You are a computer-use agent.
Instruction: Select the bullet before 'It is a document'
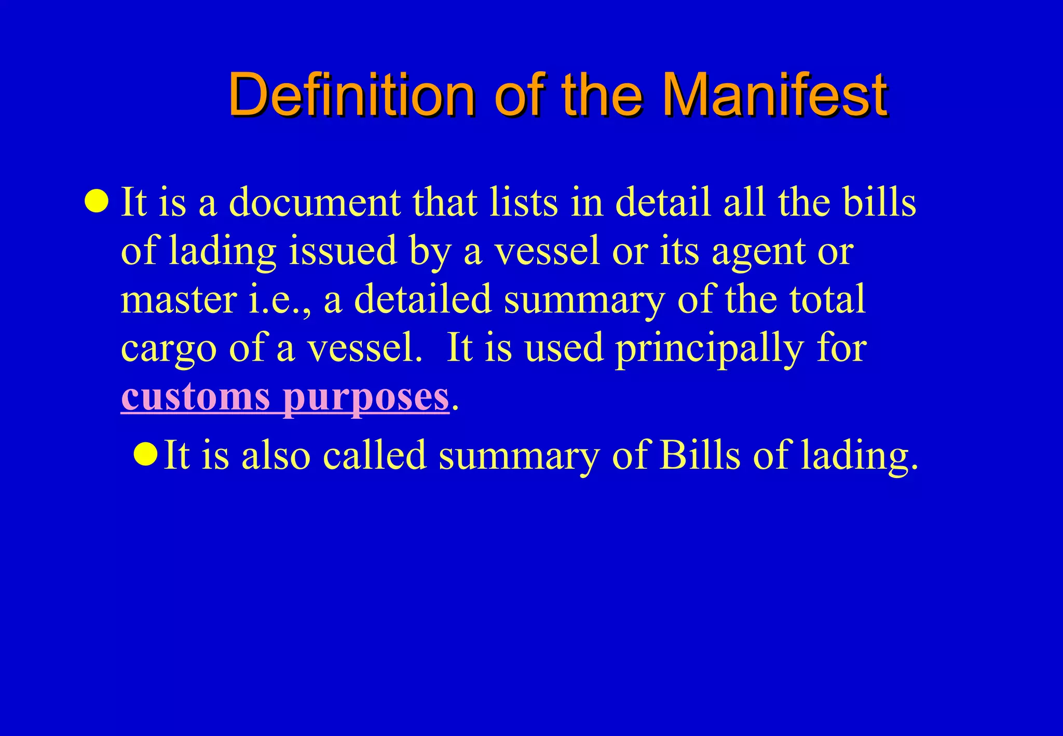tap(97, 201)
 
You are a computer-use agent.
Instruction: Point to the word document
tap(315, 201)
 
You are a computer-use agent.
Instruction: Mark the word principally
tap(710, 349)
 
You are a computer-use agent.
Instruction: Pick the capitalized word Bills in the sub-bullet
tap(700, 455)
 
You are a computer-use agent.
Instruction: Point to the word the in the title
tap(601, 96)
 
